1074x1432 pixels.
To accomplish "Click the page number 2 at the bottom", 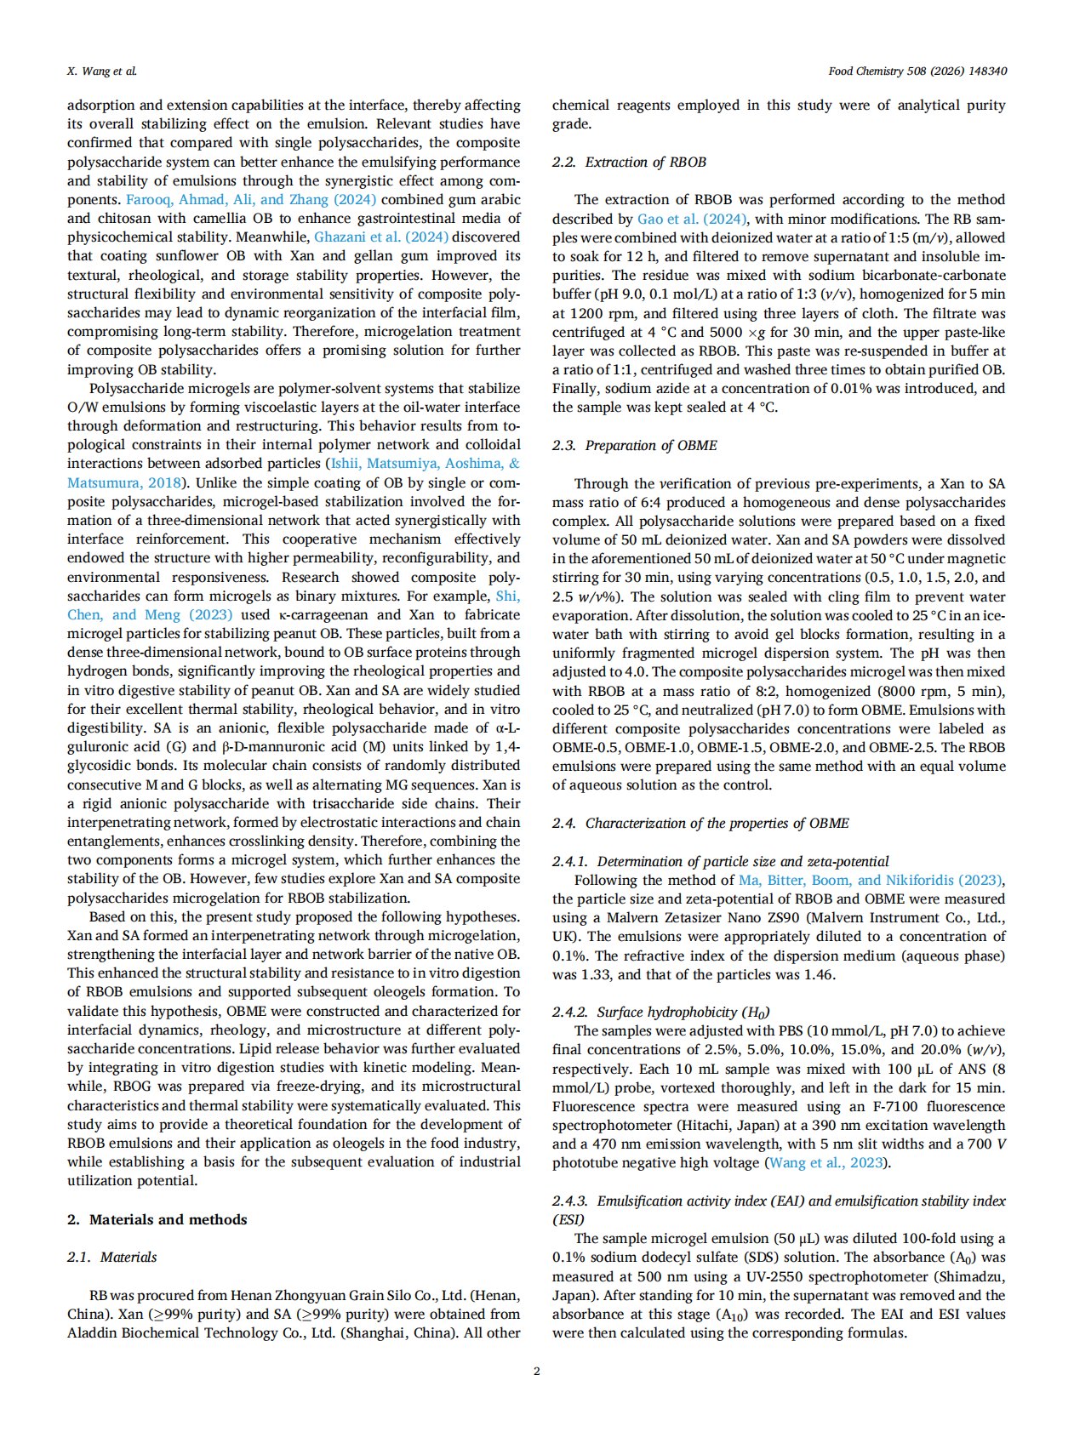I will click(x=536, y=1371).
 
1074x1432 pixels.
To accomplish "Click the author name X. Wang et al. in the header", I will click(x=102, y=71).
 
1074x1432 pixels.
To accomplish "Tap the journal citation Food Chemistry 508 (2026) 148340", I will click(x=917, y=71).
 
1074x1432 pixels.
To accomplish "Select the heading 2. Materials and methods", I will click(x=157, y=1219).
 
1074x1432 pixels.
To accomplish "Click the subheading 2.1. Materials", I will click(x=112, y=1257).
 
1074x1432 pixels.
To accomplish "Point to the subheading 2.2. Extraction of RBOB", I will click(x=629, y=162).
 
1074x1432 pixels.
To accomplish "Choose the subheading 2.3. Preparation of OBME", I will click(x=634, y=445).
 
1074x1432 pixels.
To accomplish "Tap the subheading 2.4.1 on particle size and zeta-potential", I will click(x=721, y=861).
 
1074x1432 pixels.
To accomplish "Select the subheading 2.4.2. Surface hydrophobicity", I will click(x=660, y=1012).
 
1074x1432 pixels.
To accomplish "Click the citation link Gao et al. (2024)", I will click(x=692, y=219).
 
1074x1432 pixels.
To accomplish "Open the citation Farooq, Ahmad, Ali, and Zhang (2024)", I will click(x=251, y=200).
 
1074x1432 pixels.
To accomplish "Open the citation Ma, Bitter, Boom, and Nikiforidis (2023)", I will click(x=871, y=880).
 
